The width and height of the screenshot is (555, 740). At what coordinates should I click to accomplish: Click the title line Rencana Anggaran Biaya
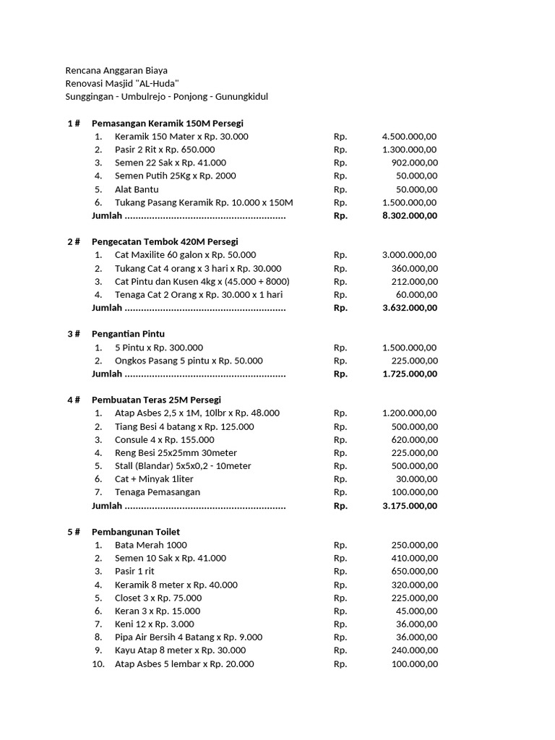[x=116, y=70]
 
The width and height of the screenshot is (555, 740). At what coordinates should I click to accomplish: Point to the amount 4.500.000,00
[x=409, y=137]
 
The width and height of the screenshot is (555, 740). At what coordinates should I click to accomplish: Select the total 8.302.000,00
[x=409, y=215]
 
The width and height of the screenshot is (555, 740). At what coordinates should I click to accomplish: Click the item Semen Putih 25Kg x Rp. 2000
[x=175, y=176]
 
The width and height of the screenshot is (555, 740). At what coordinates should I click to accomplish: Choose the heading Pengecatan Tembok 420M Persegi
[x=165, y=241]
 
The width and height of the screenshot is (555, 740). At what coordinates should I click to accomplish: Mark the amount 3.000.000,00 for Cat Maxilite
[x=409, y=255]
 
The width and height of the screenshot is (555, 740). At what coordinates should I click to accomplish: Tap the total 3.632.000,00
[x=409, y=308]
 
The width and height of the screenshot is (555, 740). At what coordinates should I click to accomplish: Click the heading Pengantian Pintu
[x=128, y=334]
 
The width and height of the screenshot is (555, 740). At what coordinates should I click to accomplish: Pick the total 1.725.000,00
[x=409, y=374]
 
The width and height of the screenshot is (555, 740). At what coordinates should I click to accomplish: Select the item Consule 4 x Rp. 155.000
[x=164, y=439]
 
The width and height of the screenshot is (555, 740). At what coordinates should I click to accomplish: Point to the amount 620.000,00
[x=414, y=439]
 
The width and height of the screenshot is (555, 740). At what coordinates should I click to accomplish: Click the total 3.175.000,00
[x=409, y=506]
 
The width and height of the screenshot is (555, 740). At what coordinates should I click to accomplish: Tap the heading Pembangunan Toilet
[x=136, y=532]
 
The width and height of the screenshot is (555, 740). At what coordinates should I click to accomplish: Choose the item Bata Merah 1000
[x=150, y=545]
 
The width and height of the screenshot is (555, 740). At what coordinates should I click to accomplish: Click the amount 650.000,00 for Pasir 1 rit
[x=414, y=572]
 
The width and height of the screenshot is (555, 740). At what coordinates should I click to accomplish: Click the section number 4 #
[x=74, y=400]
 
